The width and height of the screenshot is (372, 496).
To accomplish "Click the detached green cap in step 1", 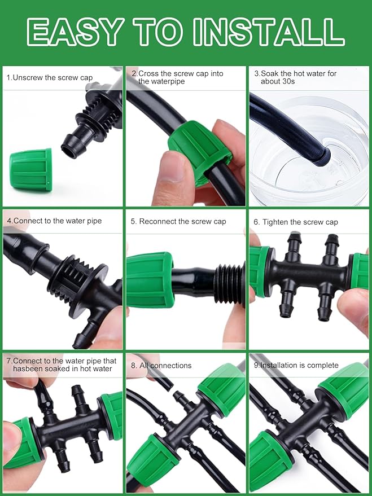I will [31, 169].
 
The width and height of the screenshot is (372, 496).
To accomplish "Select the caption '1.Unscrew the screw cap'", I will [50, 77].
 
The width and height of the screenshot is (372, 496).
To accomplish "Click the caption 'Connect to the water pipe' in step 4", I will [54, 221].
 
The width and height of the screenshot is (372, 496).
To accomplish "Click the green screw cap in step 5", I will [148, 280].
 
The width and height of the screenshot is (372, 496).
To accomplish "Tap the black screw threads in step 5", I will [230, 280].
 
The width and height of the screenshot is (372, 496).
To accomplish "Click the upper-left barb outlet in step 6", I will [294, 246].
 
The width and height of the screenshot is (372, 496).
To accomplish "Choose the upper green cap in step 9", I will [342, 389].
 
